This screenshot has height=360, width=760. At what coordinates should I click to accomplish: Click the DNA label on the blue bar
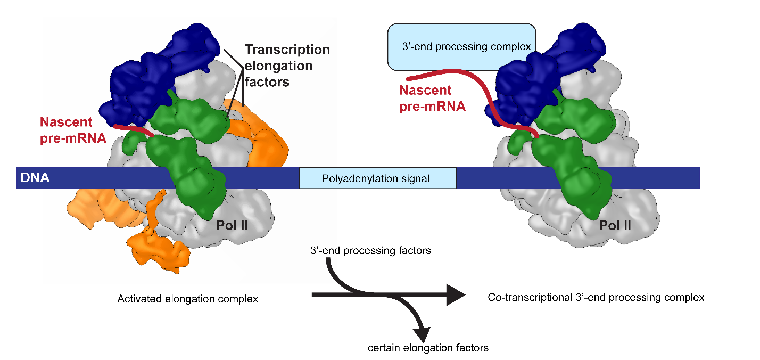pos(33,178)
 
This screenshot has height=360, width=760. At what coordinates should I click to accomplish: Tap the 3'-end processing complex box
pos(461,47)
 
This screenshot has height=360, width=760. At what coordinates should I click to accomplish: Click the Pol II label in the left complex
pos(232,225)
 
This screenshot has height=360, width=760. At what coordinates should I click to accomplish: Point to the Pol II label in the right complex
pos(615,225)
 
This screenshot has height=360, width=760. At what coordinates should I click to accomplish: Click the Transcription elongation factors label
pos(287,66)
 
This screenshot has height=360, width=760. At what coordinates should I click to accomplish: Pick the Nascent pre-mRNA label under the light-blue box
pos(433,99)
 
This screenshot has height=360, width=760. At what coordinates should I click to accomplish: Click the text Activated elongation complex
pos(187,299)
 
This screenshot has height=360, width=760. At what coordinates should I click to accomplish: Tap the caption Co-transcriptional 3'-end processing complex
pos(596,297)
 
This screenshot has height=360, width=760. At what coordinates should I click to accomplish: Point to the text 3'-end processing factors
pos(369,249)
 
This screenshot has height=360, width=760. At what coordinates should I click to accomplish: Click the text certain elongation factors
pos(428,348)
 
